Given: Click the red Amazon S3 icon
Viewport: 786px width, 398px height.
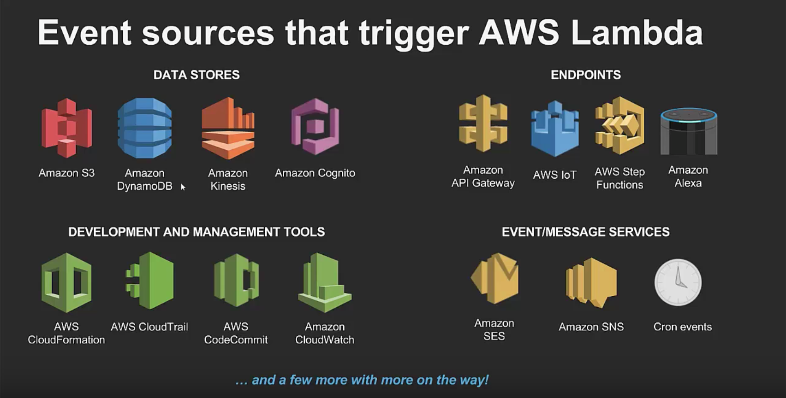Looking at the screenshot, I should [x=67, y=128].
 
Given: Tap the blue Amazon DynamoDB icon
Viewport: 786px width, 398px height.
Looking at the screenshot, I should [x=145, y=128].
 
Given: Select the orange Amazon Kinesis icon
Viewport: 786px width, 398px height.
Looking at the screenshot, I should [x=228, y=128].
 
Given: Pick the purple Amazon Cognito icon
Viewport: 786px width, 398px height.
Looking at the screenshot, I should [x=316, y=127].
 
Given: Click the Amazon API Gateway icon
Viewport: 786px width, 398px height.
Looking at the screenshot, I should [x=483, y=123].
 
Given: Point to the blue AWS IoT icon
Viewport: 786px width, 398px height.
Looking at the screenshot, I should [x=555, y=129].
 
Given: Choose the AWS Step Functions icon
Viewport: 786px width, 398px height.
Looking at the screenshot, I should [x=619, y=125].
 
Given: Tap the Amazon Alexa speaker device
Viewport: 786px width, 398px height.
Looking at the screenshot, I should [x=689, y=131].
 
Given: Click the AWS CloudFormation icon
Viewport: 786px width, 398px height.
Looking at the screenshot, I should [x=66, y=282].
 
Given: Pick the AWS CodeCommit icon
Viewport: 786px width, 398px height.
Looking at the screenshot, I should [x=236, y=281].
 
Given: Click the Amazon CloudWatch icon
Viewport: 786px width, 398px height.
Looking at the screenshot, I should [x=325, y=282].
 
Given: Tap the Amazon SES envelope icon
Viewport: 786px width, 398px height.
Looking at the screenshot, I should [x=494, y=278].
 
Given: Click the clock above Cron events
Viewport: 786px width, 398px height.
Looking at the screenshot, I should [x=678, y=282].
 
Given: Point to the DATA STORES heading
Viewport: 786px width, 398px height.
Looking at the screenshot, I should [x=196, y=75].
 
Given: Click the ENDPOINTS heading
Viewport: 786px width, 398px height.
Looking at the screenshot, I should [x=585, y=75].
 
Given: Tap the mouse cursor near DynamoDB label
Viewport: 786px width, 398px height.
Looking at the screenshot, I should [x=183, y=187].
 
